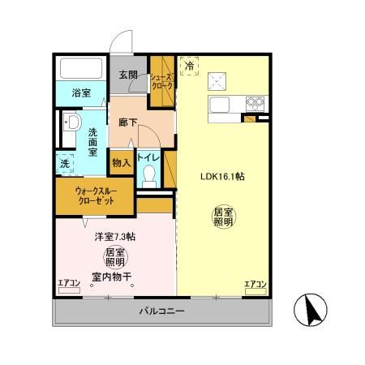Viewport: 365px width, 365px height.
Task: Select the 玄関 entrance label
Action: coord(128,75)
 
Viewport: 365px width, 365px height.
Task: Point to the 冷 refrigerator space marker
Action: coord(187,65)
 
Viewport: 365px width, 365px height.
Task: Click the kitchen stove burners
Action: coord(255,103)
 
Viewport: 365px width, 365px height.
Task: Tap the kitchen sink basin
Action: coord(221,105)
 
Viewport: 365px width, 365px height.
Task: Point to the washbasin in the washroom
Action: coord(70,123)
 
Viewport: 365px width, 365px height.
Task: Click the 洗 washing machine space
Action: coord(64,162)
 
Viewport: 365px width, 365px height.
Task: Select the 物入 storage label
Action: coord(121,162)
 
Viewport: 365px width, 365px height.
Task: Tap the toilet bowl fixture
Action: coord(148,176)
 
